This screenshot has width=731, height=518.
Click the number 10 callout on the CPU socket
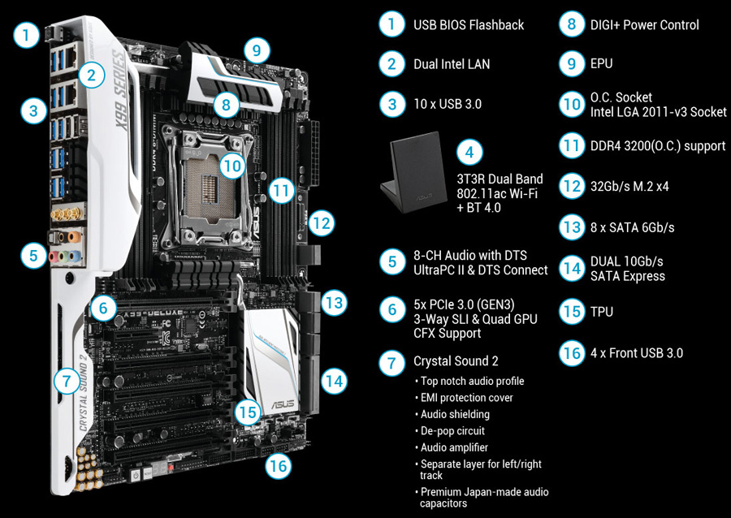tap(231, 166)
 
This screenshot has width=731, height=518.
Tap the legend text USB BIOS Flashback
tap(469, 24)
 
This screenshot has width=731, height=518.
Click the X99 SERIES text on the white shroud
tap(121, 90)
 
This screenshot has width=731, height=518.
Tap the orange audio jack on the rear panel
tap(74, 237)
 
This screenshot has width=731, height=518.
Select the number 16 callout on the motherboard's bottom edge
tap(279, 465)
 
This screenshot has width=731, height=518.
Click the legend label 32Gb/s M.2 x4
tap(629, 187)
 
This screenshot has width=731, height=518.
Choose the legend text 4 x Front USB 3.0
tap(636, 353)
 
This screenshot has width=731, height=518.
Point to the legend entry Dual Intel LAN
tap(452, 64)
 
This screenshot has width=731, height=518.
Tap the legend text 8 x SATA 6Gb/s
tap(632, 228)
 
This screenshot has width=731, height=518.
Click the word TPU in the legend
tap(601, 312)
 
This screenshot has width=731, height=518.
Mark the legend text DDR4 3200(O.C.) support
tap(658, 146)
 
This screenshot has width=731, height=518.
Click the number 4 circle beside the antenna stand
tap(469, 152)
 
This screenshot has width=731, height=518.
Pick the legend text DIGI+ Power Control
tap(644, 24)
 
